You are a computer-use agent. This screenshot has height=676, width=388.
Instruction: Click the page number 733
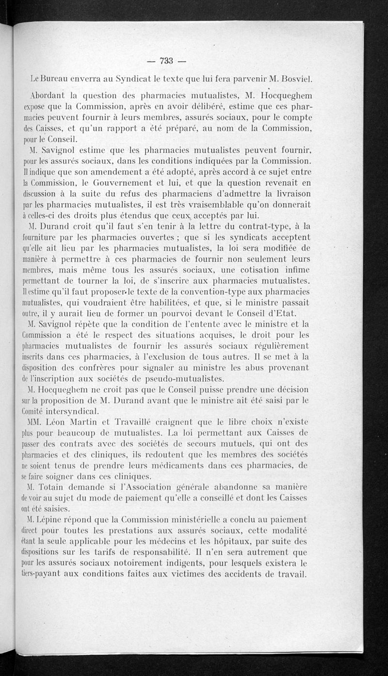tap(166, 61)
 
